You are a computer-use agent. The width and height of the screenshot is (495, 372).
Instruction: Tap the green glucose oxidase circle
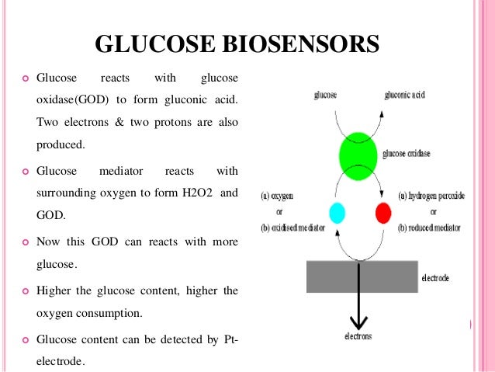(x=358, y=153)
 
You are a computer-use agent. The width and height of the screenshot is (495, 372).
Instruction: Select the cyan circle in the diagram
(x=337, y=212)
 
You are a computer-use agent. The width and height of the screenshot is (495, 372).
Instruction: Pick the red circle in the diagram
(x=382, y=212)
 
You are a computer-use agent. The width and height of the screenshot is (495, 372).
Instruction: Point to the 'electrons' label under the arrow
(x=358, y=336)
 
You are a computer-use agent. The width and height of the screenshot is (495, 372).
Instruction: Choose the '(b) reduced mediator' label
(x=429, y=228)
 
